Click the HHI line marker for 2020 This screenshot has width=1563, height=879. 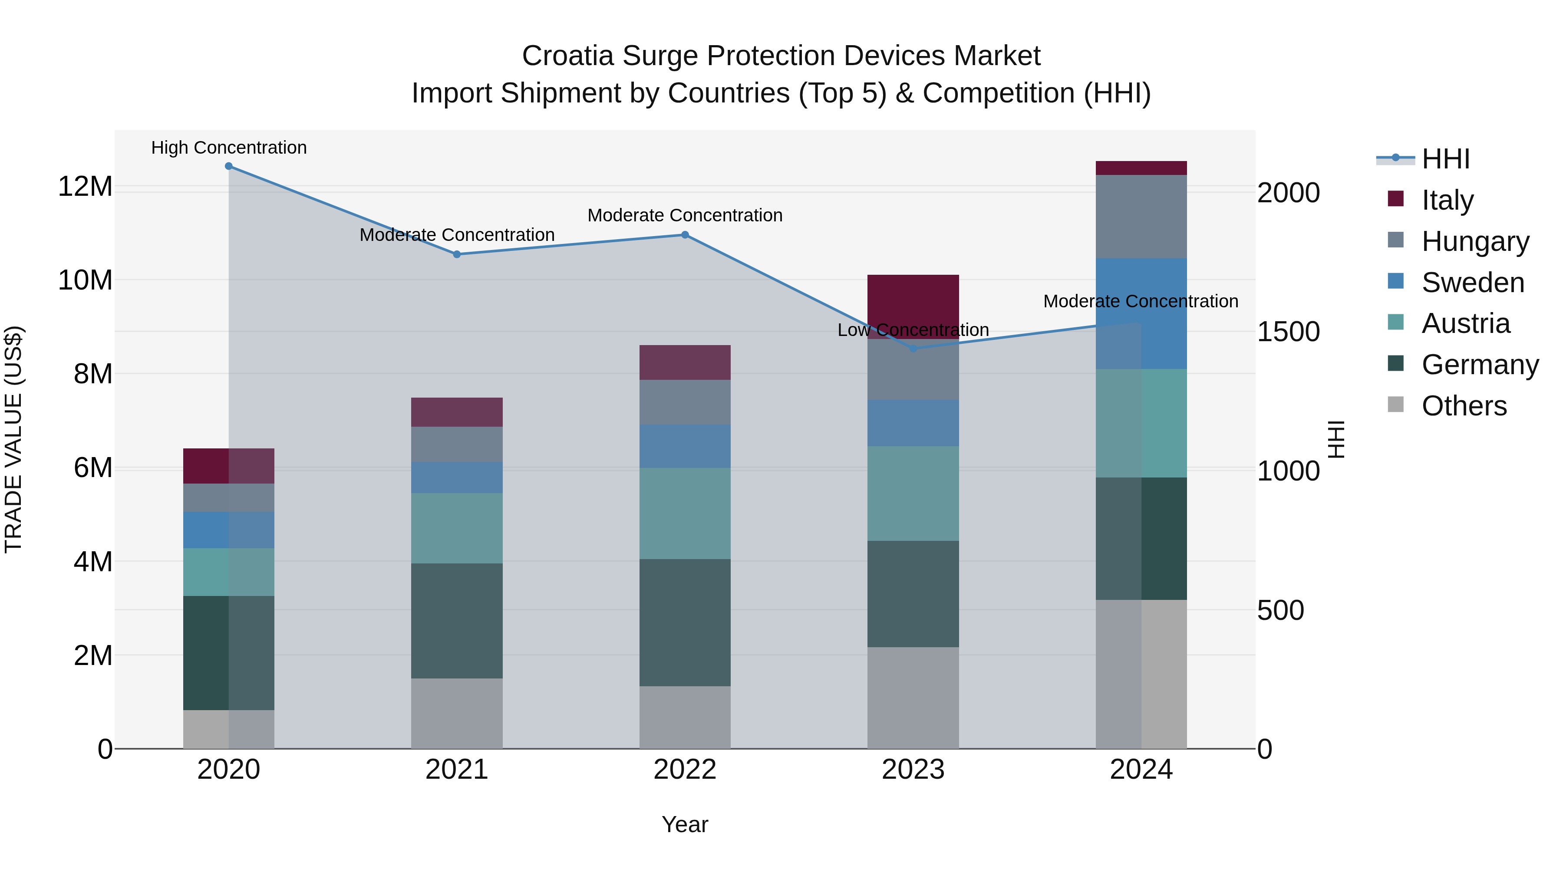point(229,166)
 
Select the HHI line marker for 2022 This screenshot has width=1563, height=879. point(685,235)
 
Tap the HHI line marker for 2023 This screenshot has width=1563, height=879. point(913,349)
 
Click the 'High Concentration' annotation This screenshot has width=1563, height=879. point(229,148)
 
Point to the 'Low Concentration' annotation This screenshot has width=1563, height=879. point(913,330)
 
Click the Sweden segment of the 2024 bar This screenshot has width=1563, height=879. point(1141,314)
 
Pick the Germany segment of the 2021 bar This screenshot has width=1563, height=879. point(457,621)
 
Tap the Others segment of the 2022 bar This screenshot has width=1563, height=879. point(685,717)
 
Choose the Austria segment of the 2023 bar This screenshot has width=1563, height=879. point(913,493)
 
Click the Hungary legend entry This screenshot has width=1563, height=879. point(1474,241)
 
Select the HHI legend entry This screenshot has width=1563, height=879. point(1445,159)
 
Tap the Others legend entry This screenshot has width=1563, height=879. point(1464,405)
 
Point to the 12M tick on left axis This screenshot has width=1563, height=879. point(85,186)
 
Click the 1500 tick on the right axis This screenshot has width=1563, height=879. point(1288,332)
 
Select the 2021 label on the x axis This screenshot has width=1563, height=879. point(457,770)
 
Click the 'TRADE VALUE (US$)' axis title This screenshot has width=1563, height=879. point(13,439)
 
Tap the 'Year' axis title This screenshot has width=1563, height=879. point(685,824)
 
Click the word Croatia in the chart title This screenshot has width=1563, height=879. point(567,56)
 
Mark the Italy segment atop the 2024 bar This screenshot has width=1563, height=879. point(1141,168)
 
